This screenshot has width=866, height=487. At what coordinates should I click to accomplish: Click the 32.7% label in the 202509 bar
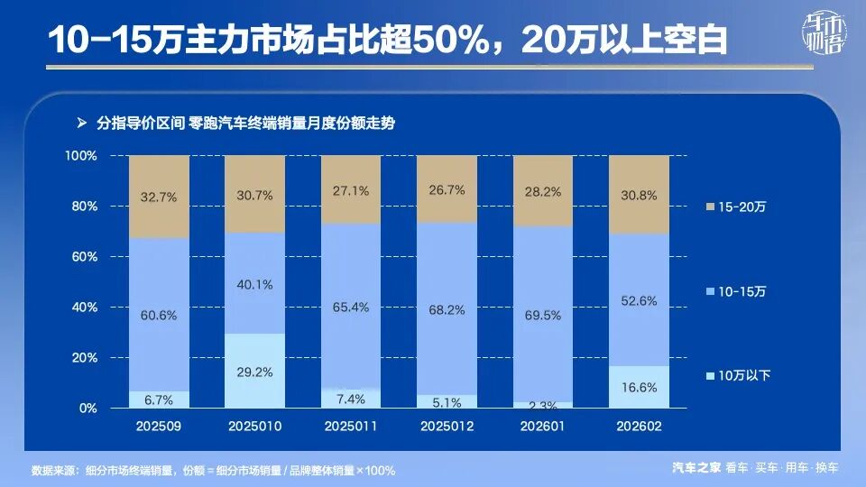(159, 197)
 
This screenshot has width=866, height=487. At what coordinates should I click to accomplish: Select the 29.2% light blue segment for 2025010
(254, 371)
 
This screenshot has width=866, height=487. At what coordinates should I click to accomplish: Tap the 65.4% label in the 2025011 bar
(351, 308)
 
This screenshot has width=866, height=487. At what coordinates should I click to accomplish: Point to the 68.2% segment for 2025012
(447, 309)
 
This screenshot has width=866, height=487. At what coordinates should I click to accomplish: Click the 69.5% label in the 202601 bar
(543, 316)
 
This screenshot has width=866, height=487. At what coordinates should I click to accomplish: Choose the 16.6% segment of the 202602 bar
(639, 387)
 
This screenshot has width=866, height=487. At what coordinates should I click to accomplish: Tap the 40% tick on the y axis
(85, 308)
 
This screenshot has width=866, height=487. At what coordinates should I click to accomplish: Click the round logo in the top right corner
(823, 39)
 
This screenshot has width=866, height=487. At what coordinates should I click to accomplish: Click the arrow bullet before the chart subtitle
(81, 122)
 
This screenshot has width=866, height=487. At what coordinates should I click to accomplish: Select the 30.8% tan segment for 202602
(639, 195)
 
